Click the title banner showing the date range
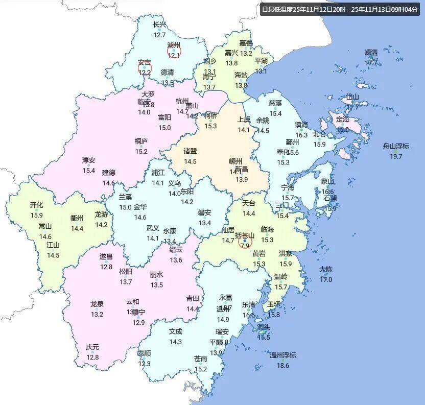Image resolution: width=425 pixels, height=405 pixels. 339,9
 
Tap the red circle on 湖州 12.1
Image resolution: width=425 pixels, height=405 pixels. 174,50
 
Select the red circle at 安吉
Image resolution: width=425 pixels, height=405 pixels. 145,67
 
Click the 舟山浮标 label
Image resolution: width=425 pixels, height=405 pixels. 396,147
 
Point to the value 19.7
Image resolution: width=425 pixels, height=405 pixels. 396,156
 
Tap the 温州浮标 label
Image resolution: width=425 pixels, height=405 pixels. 282,355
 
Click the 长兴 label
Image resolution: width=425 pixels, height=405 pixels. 159,25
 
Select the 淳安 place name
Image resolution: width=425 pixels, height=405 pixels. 89,160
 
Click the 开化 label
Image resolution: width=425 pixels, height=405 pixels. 36,205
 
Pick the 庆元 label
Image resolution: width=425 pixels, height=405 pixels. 92,347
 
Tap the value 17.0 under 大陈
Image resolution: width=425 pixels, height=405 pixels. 325,279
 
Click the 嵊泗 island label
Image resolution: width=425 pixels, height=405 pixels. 371,53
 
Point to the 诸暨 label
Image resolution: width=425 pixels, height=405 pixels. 190,151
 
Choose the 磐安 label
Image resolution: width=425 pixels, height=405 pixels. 205,213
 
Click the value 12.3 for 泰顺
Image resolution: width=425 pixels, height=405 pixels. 144,364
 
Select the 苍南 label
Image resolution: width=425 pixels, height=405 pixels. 201,359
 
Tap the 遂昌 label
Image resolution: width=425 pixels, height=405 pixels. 106,256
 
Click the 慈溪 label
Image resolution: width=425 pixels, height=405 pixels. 275,103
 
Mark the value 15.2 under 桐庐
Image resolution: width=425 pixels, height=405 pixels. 141,151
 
